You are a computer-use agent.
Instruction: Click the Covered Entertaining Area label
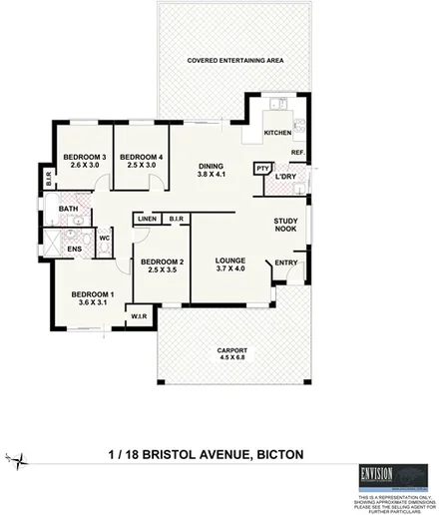[x=236, y=60]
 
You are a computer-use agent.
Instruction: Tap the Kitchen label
[x=276, y=133]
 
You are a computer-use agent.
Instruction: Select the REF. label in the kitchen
[x=296, y=152]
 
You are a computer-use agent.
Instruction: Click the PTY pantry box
[x=263, y=168]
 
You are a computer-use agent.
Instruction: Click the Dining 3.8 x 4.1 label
[x=210, y=171]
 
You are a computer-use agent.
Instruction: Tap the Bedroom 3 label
[x=84, y=162]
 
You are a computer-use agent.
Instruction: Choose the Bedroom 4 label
[x=141, y=162]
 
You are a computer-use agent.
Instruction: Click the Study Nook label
[x=287, y=229]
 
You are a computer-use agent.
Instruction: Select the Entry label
[x=286, y=263]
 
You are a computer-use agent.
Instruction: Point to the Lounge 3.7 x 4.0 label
[x=230, y=264]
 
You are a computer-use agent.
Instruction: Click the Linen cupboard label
[x=147, y=218]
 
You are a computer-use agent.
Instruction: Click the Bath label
[x=68, y=209]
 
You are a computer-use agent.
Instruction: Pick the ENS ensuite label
[x=74, y=250]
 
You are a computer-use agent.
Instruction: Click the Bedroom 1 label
[x=91, y=298]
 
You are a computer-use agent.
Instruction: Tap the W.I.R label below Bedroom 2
[x=139, y=318]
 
